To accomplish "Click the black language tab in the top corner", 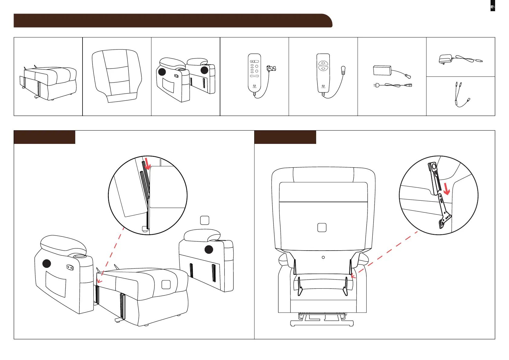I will (x=493, y=6).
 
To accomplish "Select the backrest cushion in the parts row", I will (x=117, y=76).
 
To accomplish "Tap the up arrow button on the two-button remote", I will (x=323, y=63).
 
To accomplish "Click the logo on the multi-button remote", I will (x=254, y=86).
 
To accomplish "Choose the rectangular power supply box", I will (x=382, y=70).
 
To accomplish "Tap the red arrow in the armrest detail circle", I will (x=148, y=164).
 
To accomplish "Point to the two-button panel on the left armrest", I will (x=70, y=267).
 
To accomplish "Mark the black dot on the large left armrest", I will (x=47, y=264).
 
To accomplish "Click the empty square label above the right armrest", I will (x=205, y=220).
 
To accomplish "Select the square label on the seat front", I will (x=166, y=284).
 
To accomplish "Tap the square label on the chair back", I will (x=322, y=227).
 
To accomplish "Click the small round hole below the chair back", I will (x=323, y=257).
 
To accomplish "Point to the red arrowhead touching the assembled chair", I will (x=353, y=276).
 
